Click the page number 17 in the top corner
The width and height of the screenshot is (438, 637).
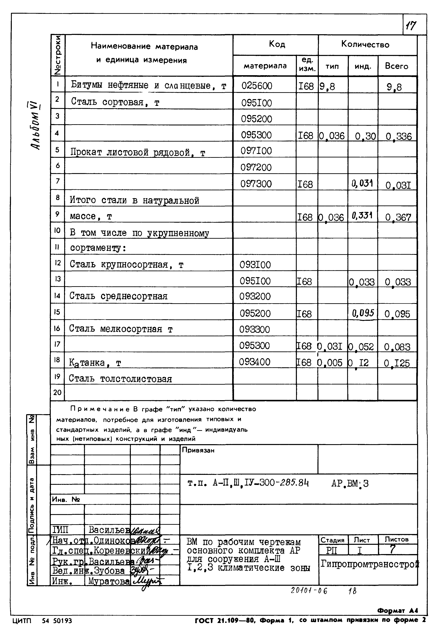[411, 26]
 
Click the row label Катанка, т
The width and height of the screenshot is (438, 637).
[95, 363]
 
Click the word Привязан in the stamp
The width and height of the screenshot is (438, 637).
[198, 450]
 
